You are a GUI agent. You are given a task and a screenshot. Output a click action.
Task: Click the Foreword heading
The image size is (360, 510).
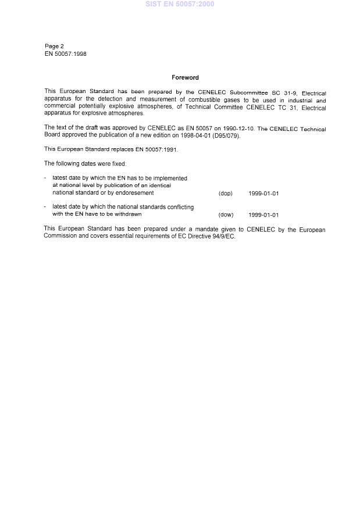(x=185, y=77)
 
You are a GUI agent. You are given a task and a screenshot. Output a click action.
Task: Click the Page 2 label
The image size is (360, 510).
(x=55, y=46)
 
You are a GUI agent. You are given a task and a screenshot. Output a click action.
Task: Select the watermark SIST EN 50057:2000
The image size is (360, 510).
(x=180, y=4)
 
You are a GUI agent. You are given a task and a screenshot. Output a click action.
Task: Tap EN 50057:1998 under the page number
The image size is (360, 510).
(x=66, y=54)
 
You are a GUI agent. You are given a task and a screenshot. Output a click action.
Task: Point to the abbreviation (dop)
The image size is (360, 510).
(x=226, y=193)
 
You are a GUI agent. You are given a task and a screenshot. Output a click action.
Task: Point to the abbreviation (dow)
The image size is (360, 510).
(x=226, y=215)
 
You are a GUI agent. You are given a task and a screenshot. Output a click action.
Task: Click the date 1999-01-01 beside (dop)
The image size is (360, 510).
(x=263, y=193)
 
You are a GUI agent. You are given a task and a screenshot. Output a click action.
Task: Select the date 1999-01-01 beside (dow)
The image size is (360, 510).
(x=263, y=215)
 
